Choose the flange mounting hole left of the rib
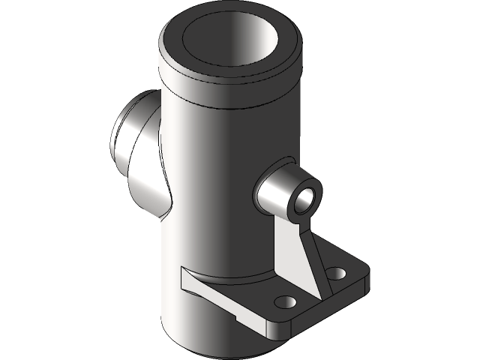[x=284, y=301]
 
